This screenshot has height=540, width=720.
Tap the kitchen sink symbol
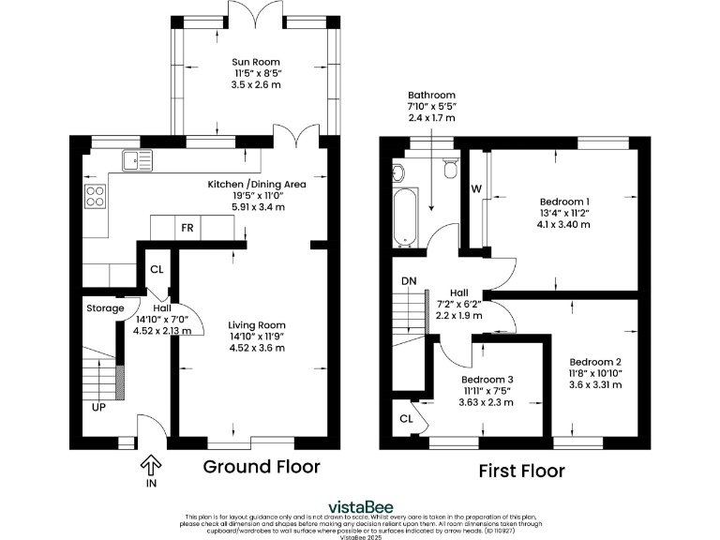point(136,161)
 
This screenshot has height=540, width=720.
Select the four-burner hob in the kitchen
point(96,196)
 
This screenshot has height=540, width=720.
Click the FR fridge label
point(187,228)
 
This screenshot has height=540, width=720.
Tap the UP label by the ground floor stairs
point(98,408)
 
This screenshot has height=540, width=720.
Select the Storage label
point(105,308)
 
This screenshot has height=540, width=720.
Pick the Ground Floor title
point(262,466)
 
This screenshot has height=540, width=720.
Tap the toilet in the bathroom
point(449,167)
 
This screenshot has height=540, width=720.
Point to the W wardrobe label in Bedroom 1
point(476,188)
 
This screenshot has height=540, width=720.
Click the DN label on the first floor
point(409,280)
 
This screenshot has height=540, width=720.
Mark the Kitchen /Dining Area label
point(256,185)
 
